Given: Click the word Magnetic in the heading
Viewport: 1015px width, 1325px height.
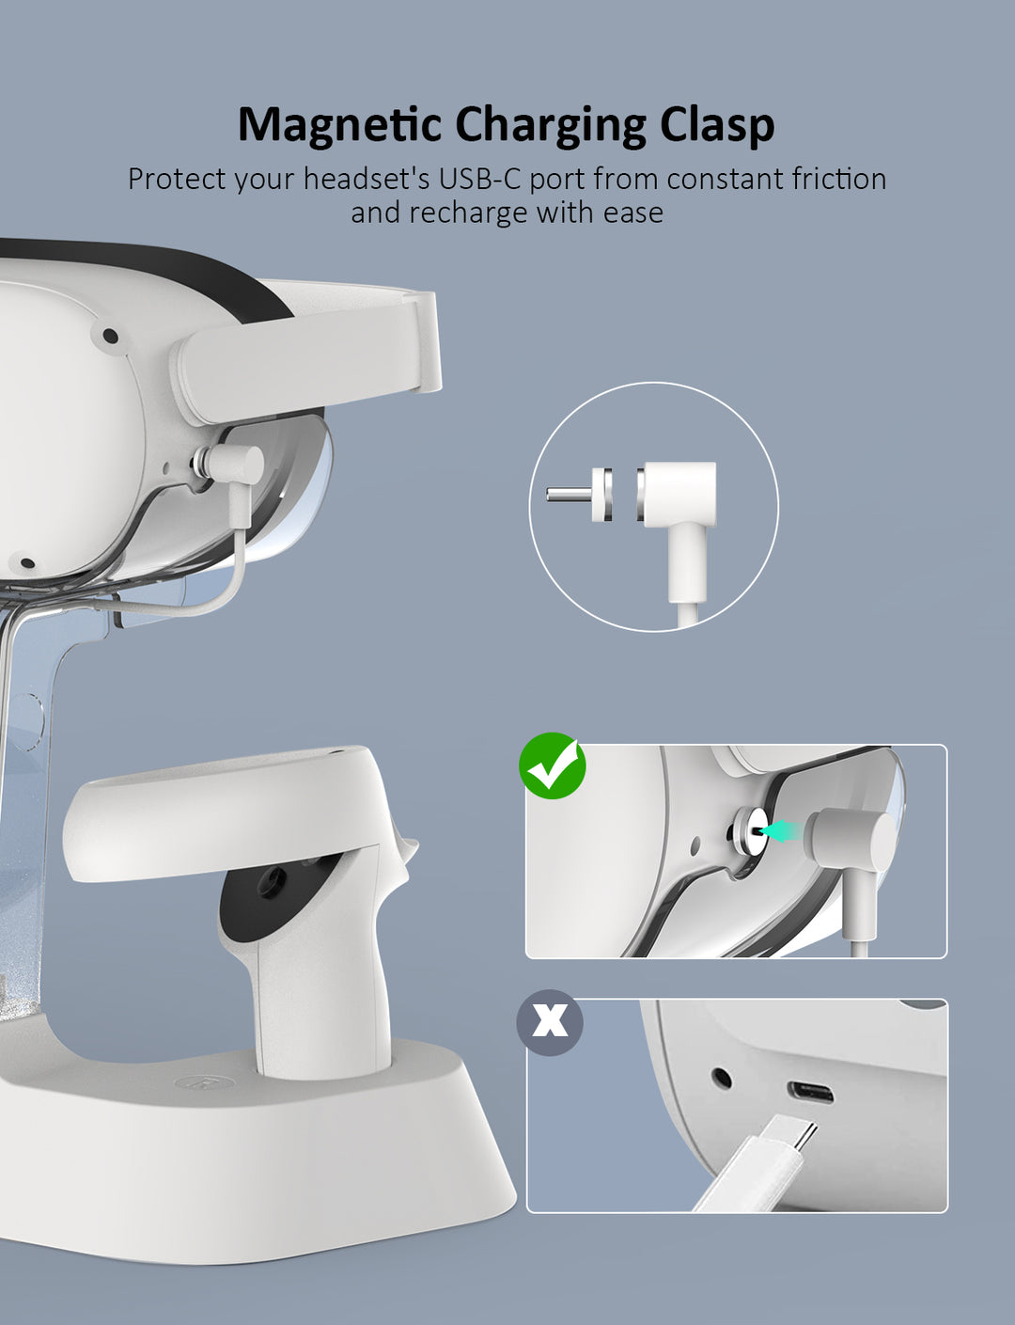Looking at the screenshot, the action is pos(338,126).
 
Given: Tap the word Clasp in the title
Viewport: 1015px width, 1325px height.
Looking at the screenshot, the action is pos(716,126).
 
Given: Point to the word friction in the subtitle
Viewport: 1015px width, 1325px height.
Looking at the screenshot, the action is pos(838,180).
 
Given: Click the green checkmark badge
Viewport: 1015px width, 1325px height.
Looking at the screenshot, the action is pos(552,765).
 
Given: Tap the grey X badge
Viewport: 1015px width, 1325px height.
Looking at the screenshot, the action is pos(550,1022).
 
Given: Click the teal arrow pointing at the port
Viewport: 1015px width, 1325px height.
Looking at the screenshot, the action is pos(782,830).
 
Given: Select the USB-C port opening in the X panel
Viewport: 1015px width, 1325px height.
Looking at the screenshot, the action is pos(810,1093).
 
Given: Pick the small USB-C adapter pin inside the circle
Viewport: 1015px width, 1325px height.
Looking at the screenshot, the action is pos(579,494).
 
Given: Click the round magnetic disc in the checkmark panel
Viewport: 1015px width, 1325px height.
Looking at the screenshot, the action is pos(747,831).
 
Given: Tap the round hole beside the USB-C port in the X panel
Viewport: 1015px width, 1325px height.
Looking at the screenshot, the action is pos(722,1078).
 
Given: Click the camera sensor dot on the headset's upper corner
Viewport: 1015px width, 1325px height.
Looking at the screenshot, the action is pos(110,336).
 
